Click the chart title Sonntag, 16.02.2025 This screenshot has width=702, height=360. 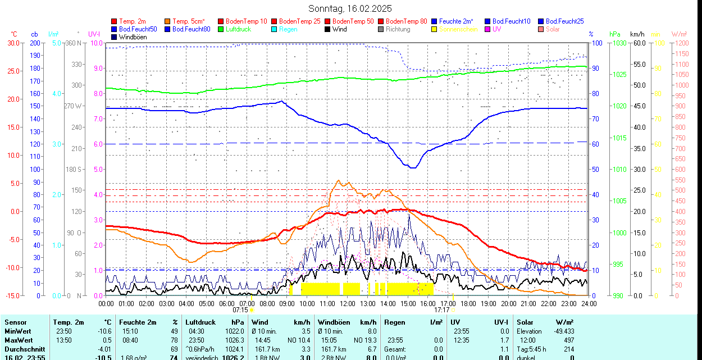[350, 8]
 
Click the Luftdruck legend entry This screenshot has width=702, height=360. [238, 29]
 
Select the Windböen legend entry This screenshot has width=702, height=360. [132, 37]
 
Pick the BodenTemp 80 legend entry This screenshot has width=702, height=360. [406, 21]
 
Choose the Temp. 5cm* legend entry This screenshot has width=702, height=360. [189, 21]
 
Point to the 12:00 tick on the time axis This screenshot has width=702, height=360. [348, 303]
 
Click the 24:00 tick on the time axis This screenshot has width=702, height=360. [589, 303]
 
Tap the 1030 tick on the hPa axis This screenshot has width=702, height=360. [618, 43]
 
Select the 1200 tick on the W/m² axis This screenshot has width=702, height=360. [680, 43]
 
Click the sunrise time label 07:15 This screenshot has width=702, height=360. [240, 309]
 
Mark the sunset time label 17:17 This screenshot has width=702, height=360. [441, 309]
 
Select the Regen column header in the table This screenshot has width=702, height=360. [395, 322]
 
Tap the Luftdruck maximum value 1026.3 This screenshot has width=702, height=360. [234, 340]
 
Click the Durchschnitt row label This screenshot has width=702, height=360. [25, 349]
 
